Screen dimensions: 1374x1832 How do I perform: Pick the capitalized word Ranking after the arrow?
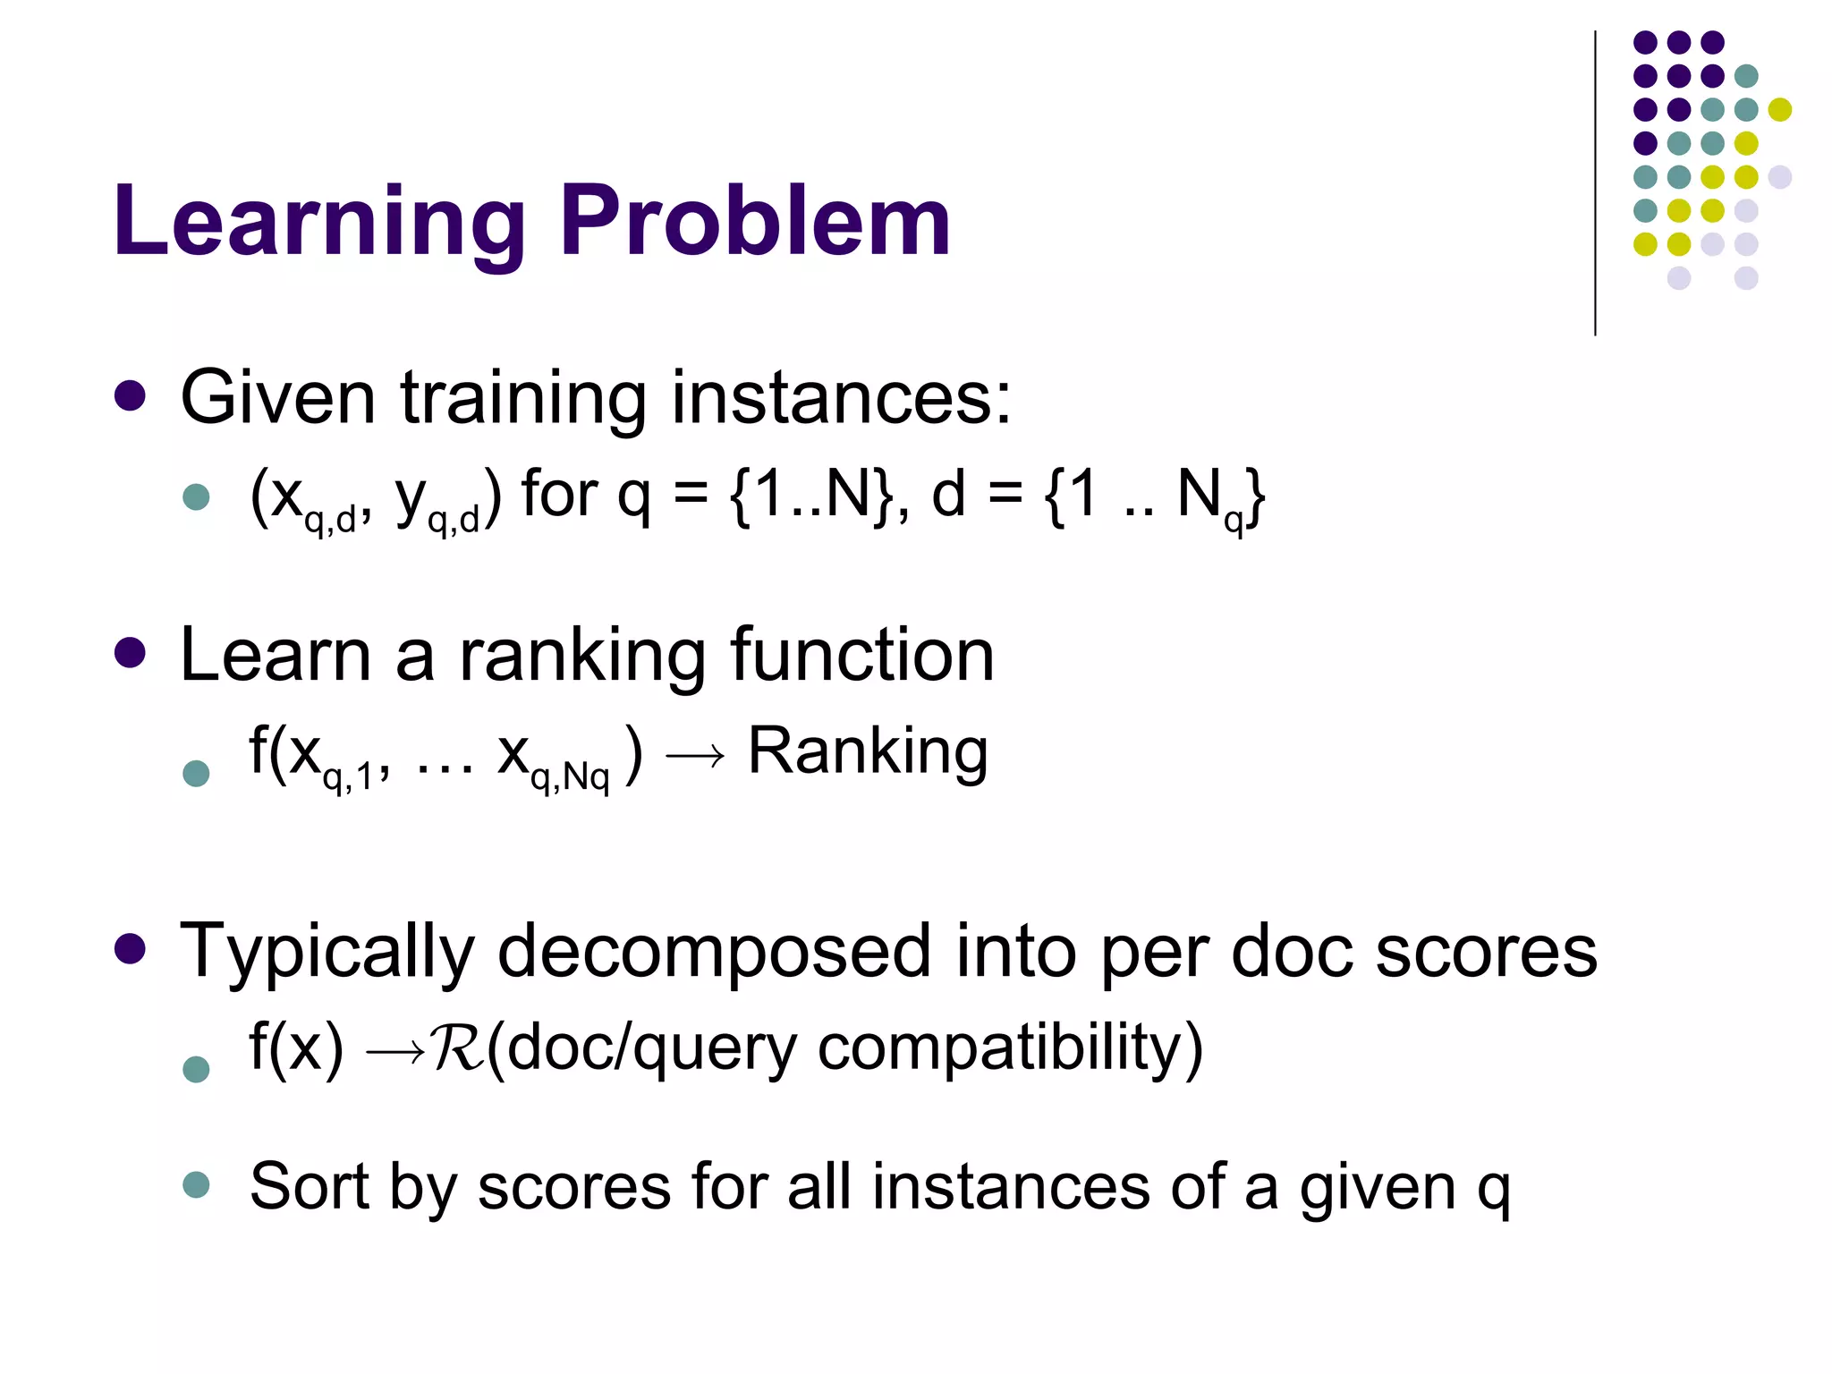pyautogui.click(x=868, y=751)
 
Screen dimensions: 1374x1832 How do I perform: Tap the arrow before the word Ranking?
pyautogui.click(x=695, y=757)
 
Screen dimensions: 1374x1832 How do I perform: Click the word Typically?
pyautogui.click(x=327, y=952)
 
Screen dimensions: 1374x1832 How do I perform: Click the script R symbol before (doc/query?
pyautogui.click(x=457, y=1048)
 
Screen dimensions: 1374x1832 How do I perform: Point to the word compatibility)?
pyautogui.click(x=1010, y=1048)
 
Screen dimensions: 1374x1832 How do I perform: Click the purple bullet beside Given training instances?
pyautogui.click(x=131, y=396)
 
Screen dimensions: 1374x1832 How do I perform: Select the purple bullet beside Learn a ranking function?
pyautogui.click(x=131, y=653)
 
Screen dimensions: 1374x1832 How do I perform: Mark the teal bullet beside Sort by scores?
pyautogui.click(x=196, y=1185)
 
